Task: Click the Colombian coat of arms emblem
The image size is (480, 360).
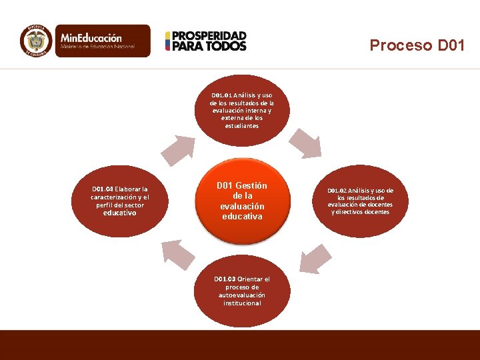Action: point(36,41)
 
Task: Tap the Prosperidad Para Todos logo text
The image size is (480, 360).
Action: point(209,41)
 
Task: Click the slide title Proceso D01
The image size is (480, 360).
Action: point(417,45)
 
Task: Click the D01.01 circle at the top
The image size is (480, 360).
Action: point(241,110)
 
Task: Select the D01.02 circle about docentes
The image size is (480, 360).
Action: point(360,201)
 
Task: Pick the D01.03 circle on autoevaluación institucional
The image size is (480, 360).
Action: point(241,291)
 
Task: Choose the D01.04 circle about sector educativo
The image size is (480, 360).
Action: point(120,201)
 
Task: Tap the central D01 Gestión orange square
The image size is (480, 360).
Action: point(241,201)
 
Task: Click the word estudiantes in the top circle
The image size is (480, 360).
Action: point(241,125)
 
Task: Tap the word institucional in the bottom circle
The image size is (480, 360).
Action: point(242,303)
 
